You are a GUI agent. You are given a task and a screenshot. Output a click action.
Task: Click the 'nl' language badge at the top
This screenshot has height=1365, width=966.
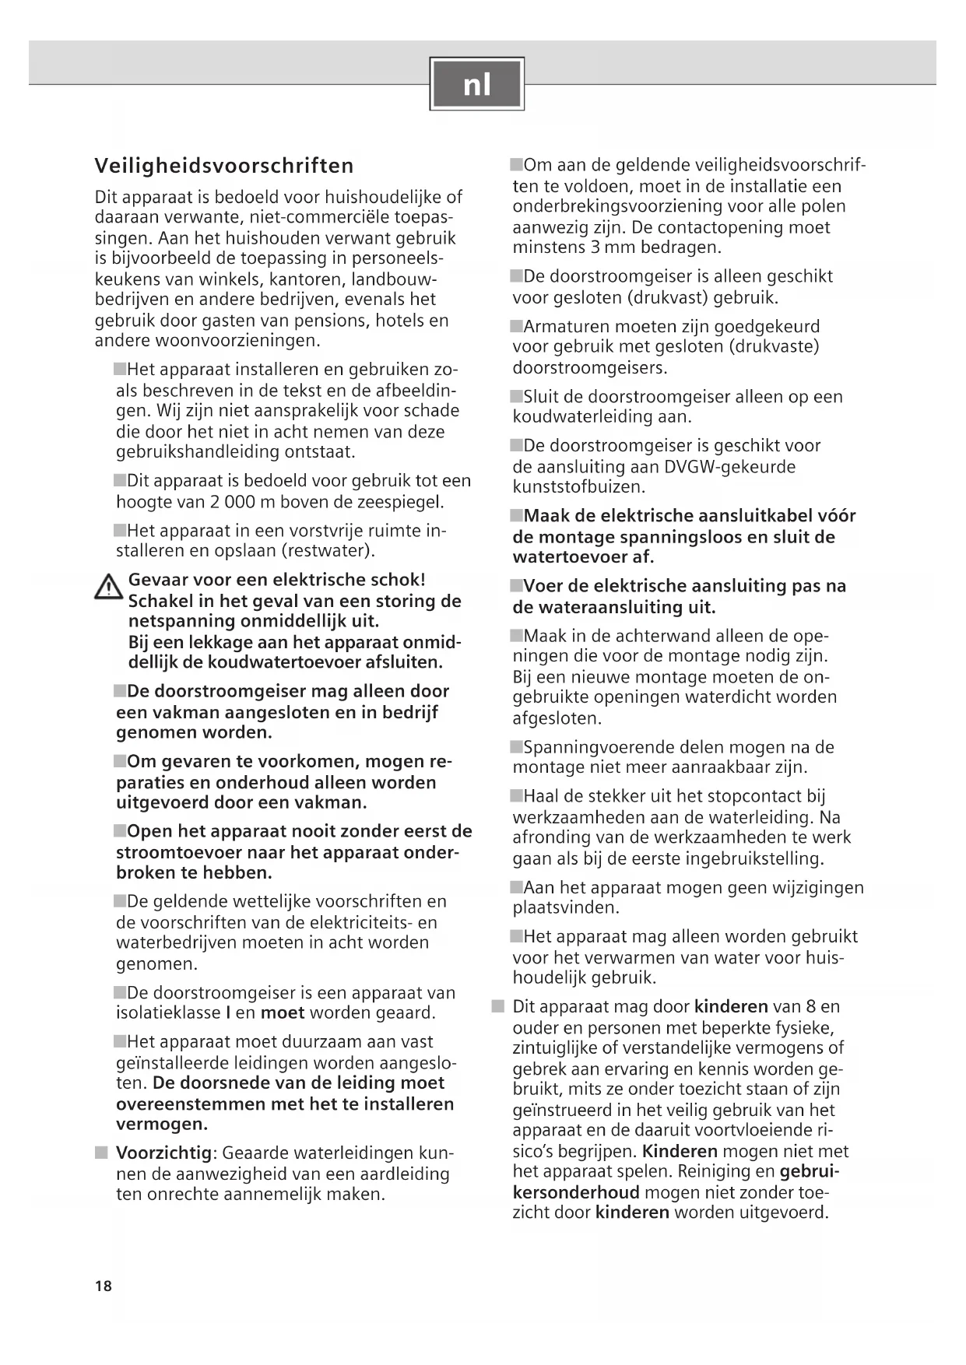click(476, 84)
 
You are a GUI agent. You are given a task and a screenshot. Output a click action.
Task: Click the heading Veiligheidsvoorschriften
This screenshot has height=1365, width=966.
click(224, 166)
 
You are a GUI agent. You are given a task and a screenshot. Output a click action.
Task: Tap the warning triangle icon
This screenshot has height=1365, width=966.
click(107, 587)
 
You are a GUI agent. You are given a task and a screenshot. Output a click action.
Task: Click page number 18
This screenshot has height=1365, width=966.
click(104, 1286)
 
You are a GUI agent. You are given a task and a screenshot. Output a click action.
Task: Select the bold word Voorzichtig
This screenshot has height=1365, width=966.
click(163, 1153)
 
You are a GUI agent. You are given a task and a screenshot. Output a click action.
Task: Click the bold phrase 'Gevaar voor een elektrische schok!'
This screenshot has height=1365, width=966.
click(276, 580)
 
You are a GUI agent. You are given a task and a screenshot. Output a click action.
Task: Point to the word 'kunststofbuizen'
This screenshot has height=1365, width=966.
click(578, 487)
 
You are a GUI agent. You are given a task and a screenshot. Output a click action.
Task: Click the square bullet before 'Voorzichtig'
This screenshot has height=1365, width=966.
click(102, 1153)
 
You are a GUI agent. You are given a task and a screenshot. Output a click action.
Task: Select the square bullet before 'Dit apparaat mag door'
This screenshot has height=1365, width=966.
click(498, 1006)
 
